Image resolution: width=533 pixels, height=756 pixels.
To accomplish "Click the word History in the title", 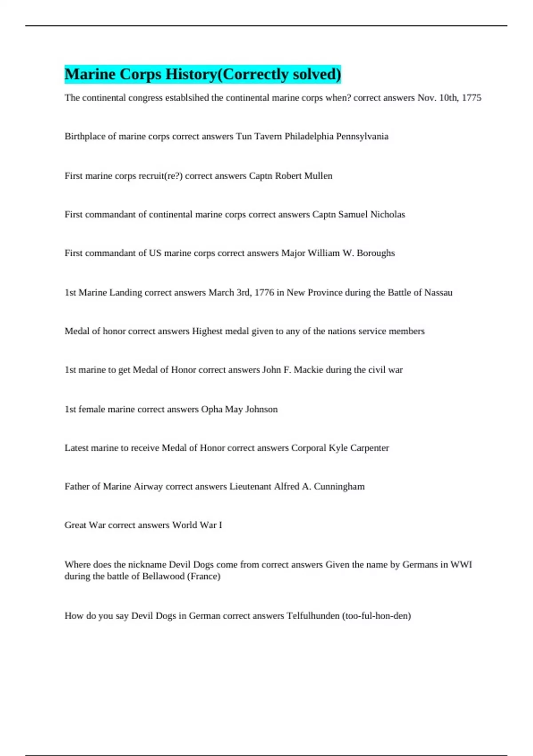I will [191, 74].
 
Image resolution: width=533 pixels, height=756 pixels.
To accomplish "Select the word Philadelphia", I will [309, 137].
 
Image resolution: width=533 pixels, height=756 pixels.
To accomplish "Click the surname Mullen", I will [318, 176].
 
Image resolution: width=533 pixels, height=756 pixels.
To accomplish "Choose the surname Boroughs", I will [376, 253].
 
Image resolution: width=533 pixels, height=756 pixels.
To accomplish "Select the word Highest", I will [207, 331].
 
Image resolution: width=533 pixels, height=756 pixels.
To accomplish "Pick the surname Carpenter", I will [369, 448].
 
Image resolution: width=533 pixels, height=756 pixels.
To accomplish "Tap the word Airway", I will [148, 487].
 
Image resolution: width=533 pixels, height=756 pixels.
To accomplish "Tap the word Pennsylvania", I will [362, 137].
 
